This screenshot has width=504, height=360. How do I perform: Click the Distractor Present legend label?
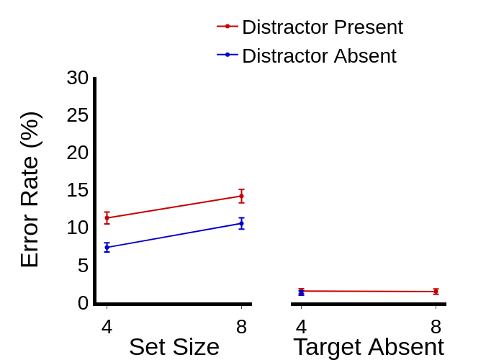[322, 27]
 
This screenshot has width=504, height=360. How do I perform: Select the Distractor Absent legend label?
[319, 56]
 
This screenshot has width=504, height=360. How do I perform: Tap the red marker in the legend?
[228, 27]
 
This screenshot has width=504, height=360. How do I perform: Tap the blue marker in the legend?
[228, 55]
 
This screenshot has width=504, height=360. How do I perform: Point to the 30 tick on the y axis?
[78, 78]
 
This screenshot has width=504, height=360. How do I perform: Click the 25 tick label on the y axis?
[78, 115]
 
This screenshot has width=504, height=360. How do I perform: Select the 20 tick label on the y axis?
[78, 153]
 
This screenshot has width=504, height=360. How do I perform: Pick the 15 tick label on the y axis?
[78, 190]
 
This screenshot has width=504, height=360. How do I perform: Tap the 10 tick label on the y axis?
[78, 228]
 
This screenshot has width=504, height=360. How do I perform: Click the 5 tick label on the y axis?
[84, 266]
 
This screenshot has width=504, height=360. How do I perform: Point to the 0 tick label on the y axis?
[84, 303]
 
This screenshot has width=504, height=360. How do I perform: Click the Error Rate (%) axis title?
[30, 189]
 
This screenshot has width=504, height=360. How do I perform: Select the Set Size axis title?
[174, 347]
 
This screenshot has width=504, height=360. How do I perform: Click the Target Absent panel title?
[368, 347]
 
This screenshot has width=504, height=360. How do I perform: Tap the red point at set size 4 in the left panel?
[107, 217]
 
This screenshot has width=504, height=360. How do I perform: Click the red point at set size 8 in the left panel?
[241, 196]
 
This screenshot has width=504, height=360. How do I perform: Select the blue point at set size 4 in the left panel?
[107, 247]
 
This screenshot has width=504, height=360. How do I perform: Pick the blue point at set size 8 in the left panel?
[241, 223]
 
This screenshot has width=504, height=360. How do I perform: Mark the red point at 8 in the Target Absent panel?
[436, 292]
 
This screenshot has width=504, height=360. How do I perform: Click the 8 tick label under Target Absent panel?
[436, 327]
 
